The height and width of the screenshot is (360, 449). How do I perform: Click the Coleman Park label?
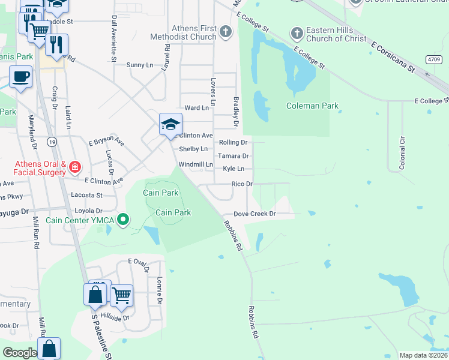pos(312,106)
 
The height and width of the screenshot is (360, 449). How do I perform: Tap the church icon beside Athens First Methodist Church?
pos(226,31)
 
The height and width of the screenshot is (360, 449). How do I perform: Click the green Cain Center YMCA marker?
pos(124,220)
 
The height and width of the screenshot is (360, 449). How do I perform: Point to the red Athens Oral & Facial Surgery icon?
pos(75,166)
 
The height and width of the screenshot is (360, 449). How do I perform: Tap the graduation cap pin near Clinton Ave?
pos(170,125)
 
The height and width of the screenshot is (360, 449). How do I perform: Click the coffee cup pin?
pos(21,77)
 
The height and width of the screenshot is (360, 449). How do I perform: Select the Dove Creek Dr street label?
pos(254,214)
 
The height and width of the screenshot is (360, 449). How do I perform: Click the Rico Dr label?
pos(242,184)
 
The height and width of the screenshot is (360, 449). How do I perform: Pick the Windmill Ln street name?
pos(196,164)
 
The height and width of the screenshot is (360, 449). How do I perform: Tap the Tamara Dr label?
pos(236,156)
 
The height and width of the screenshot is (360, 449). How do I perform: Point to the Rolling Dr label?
pos(233,143)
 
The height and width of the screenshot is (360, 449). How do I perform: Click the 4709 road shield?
pos(434,59)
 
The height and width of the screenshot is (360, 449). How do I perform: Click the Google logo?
pos(20,353)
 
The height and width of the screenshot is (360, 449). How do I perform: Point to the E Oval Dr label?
pos(137,262)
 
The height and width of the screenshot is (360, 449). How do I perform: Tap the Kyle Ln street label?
pos(234,169)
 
